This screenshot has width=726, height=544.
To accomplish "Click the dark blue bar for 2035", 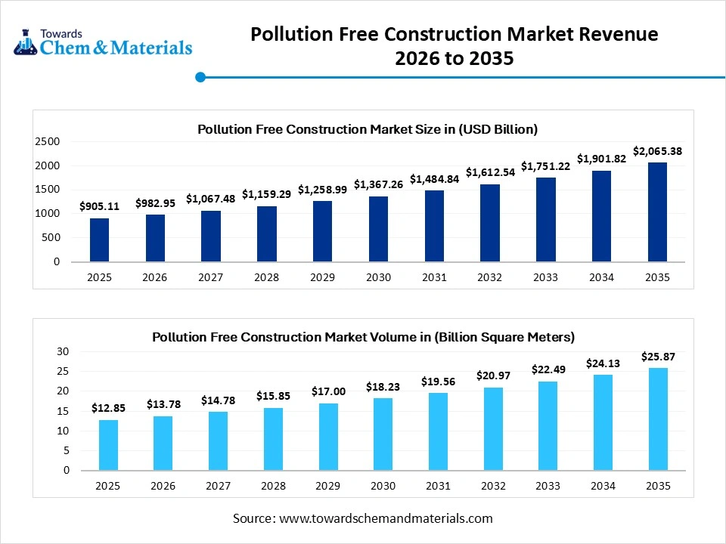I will click(657, 212).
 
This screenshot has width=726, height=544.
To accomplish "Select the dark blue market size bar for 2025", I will click(99, 240).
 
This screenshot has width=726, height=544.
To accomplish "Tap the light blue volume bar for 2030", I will click(383, 434).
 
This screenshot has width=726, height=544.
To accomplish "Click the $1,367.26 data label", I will click(378, 184).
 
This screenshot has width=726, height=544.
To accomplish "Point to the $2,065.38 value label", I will click(657, 151).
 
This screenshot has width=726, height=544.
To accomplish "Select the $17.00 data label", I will click(328, 391).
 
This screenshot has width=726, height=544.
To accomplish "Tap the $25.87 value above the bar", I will click(657, 356).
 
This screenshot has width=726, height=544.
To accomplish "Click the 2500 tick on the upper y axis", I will click(47, 141).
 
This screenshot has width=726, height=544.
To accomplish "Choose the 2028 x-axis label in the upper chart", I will click(266, 277).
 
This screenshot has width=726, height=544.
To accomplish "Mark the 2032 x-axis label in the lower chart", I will click(493, 486).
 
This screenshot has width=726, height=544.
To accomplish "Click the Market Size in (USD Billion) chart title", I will click(368, 129).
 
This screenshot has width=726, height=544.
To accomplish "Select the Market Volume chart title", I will click(363, 336).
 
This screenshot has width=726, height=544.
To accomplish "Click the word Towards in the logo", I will click(61, 34).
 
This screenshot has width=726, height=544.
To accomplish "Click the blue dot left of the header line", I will click(200, 76).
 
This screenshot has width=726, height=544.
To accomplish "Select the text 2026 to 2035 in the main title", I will click(455, 58).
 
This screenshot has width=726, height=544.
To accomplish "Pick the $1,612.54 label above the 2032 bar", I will click(490, 172).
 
